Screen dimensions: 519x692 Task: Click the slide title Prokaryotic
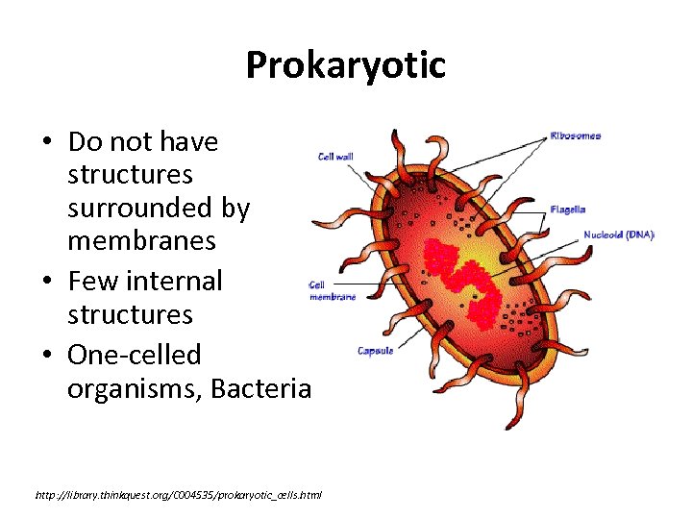(x=346, y=66)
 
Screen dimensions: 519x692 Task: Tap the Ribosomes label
(x=576, y=136)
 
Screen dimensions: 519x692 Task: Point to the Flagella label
(x=567, y=210)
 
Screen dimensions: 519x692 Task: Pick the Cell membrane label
(x=333, y=291)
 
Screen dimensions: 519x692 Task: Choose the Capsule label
(x=376, y=351)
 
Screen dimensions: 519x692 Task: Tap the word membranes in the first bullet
(x=141, y=240)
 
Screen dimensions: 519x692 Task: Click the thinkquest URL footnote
(x=178, y=495)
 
